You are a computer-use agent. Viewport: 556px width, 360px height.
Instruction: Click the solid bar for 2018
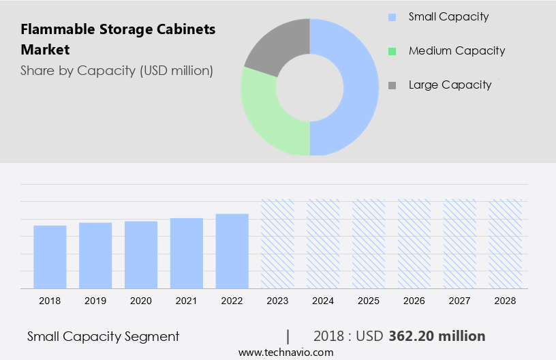coord(50,257)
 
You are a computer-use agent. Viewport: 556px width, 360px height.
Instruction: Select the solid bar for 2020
coord(141,255)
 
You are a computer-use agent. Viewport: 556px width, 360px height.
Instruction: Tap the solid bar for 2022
coord(232,252)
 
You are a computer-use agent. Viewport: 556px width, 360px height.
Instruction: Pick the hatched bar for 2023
coord(278,244)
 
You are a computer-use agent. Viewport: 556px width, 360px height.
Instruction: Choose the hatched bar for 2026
coord(414,244)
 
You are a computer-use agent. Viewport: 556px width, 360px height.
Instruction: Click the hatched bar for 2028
coord(506,244)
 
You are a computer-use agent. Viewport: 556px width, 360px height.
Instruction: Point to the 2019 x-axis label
coord(95,301)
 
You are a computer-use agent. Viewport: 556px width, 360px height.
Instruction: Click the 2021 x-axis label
coord(187,301)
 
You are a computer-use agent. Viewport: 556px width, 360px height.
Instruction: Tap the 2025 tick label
coord(369,301)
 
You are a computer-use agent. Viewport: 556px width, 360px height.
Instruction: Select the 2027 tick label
coord(460,301)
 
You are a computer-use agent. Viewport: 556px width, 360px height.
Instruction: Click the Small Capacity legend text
coord(448,16)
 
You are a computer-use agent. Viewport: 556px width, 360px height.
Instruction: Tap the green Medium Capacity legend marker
coord(392,51)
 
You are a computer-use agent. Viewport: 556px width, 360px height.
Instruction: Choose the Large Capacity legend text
coord(450,85)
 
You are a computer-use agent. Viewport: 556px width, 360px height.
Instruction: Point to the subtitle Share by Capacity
coord(117,70)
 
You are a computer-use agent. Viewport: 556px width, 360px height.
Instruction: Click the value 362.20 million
coord(437,336)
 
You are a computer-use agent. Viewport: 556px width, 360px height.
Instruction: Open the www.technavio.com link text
coord(285,352)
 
